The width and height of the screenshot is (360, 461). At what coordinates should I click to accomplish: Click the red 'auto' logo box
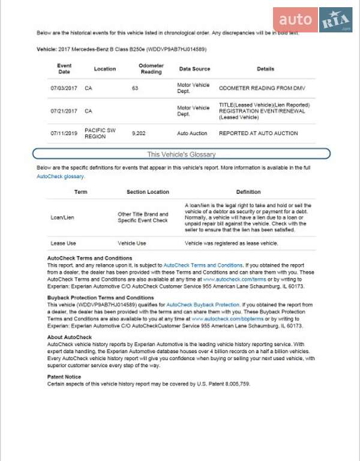tap(295, 20)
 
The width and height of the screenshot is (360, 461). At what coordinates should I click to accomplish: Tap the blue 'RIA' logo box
tap(335, 20)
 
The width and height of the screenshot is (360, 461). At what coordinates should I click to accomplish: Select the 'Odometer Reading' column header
tap(151, 68)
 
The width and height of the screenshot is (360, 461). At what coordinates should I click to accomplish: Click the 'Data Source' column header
tap(194, 69)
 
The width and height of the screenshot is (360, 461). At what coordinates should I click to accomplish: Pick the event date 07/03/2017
tap(64, 88)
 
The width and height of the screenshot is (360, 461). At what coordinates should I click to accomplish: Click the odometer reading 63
tap(135, 88)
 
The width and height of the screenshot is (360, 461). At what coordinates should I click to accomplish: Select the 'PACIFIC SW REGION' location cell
tap(98, 133)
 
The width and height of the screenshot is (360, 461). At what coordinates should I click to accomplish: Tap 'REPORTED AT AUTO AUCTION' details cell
tap(258, 133)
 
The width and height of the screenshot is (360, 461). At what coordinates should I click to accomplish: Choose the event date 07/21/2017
tap(64, 111)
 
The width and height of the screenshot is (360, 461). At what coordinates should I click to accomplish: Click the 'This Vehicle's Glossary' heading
tap(181, 154)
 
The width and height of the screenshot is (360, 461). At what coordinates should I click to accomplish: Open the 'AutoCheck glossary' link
tap(61, 177)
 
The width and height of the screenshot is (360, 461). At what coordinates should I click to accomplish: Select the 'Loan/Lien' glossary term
tap(62, 217)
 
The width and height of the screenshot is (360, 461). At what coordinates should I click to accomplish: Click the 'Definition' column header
tap(248, 192)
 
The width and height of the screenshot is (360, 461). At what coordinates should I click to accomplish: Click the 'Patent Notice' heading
tap(64, 376)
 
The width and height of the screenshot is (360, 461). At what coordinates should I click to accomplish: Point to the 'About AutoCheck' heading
tap(69, 337)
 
